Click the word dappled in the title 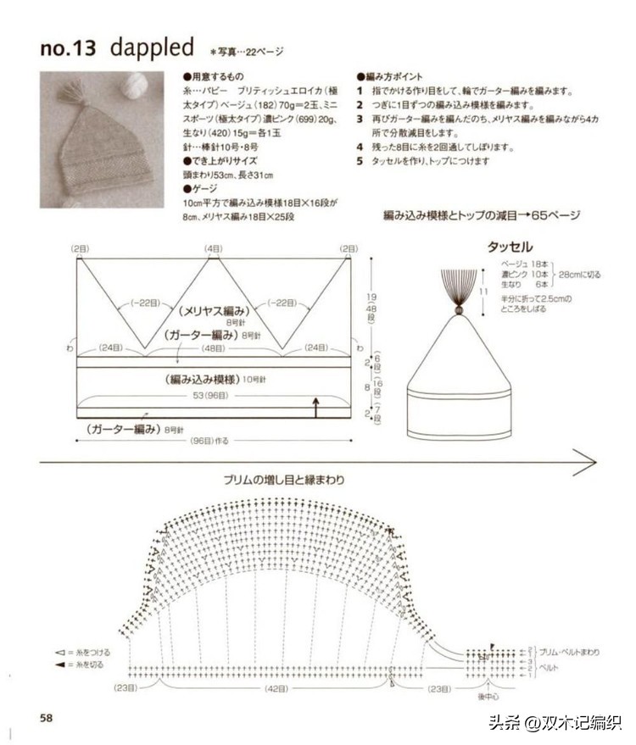click(x=152, y=47)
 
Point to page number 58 click(x=46, y=717)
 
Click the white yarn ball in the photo click(x=135, y=86)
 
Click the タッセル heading click(x=509, y=247)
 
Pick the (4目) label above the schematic click(x=213, y=248)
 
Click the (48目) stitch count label click(x=213, y=347)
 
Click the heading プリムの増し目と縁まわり click(x=284, y=480)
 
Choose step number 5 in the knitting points click(x=360, y=161)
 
